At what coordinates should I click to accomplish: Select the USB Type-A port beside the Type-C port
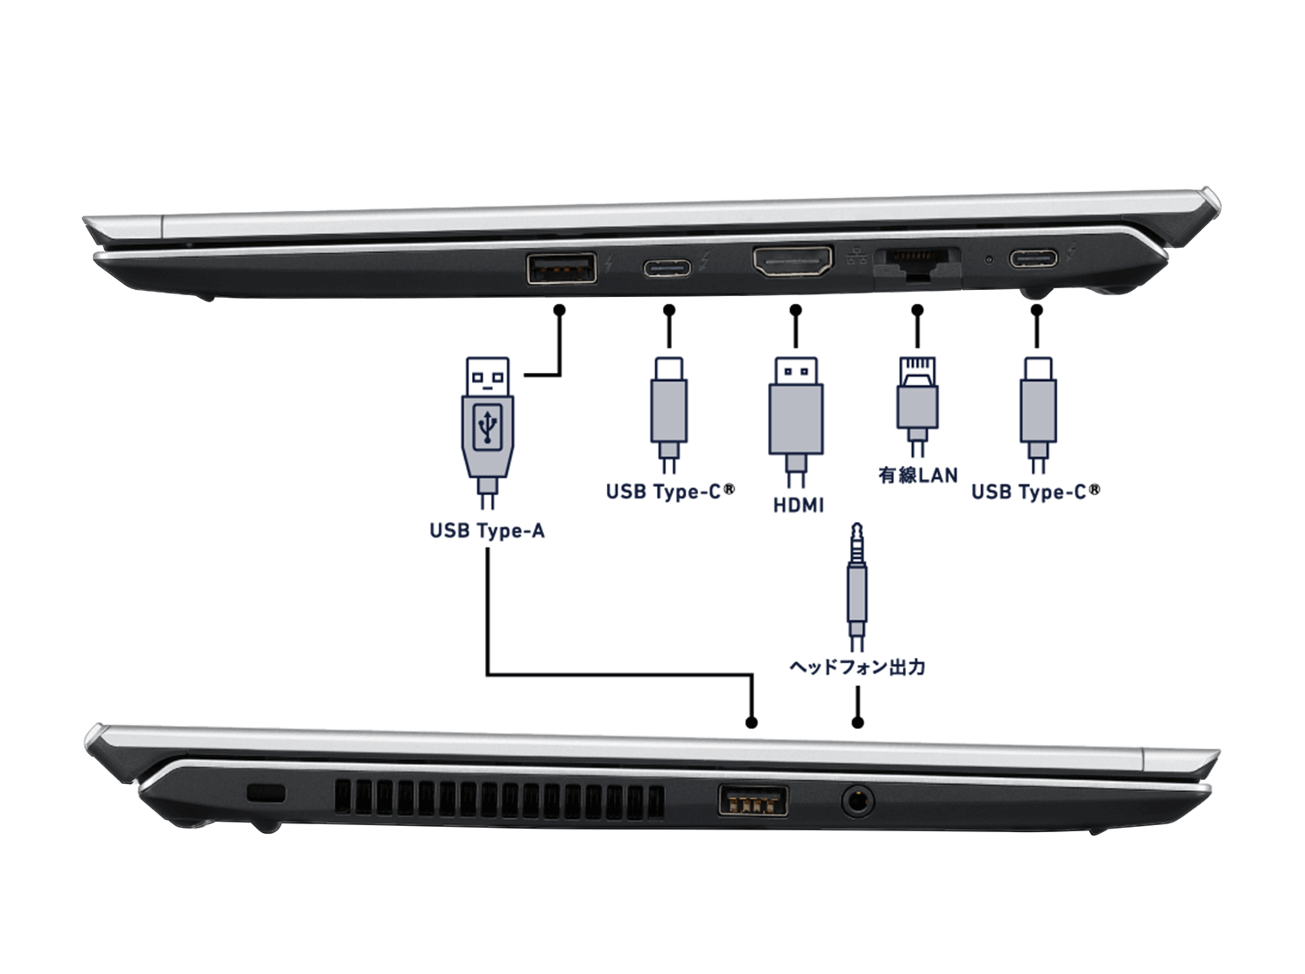pyautogui.click(x=561, y=267)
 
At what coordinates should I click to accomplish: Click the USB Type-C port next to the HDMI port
pyautogui.click(x=667, y=266)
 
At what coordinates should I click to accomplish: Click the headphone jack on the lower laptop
pyautogui.click(x=857, y=800)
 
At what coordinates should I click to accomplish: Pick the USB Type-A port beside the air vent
pyautogui.click(x=752, y=801)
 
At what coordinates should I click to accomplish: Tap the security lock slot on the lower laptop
pyautogui.click(x=266, y=794)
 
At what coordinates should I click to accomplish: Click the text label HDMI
pyautogui.click(x=798, y=505)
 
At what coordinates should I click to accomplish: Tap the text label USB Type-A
pyautogui.click(x=487, y=531)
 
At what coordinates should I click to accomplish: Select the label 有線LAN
pyautogui.click(x=918, y=476)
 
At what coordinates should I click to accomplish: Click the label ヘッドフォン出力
pyautogui.click(x=857, y=667)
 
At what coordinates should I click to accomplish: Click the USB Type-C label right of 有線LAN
pyautogui.click(x=1035, y=491)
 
